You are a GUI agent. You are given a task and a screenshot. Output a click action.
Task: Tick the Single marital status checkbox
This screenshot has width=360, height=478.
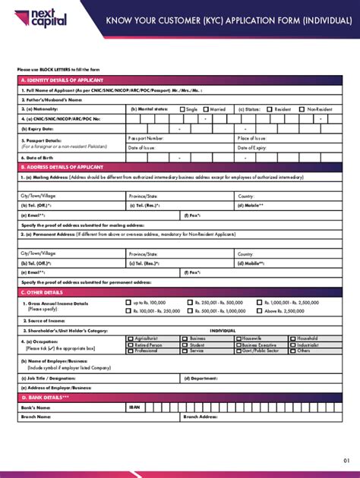pos(182,109)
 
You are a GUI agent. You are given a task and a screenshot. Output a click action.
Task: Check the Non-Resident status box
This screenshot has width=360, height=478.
pos(302,109)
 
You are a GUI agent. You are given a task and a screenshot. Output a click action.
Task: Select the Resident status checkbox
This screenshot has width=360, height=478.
pos(269,109)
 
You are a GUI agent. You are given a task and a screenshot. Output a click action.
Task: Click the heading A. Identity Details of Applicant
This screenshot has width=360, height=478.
pos(62,80)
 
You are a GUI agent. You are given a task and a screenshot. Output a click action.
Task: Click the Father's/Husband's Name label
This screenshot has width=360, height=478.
pos(52,99)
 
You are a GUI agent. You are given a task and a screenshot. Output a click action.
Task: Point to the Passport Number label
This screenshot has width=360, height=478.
pos(146,139)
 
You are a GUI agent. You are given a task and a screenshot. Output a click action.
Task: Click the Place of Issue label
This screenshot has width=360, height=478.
pos(251,139)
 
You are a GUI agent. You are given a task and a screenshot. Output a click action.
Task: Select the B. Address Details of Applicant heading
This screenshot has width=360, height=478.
pos(62,167)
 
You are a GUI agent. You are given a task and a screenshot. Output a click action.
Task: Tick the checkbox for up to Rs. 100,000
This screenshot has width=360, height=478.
pos(128,302)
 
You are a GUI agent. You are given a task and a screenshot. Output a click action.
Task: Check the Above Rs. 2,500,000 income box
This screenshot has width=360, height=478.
pos(259,310)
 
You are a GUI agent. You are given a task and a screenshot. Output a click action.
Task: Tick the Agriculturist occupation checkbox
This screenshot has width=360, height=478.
pos(131,338)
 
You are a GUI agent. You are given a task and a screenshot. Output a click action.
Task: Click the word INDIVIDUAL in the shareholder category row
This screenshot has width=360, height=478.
pos(223,330)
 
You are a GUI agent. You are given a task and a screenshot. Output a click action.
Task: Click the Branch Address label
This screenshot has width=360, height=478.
pos(201,417)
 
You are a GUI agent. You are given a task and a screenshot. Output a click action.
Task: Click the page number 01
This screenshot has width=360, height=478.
pos(346,461)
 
